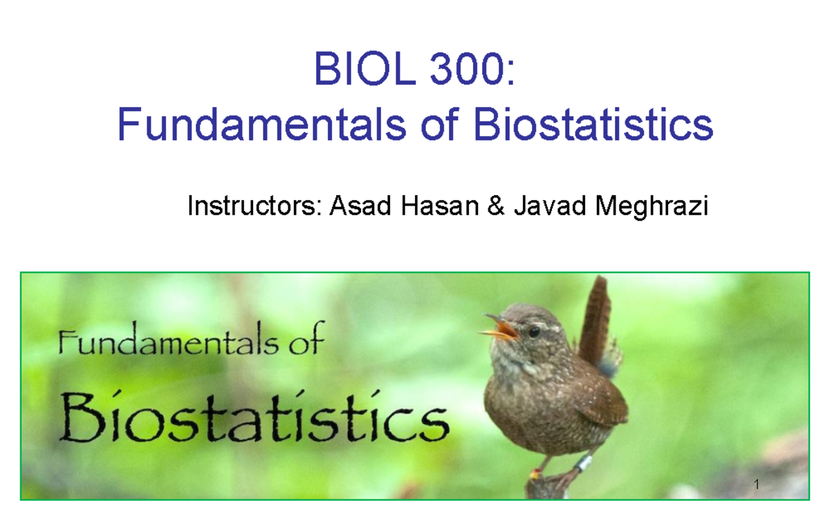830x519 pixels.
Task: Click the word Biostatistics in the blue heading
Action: point(593,126)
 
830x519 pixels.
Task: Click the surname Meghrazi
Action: point(647,206)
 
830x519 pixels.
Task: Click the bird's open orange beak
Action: point(501,328)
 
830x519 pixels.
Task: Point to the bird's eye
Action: point(534,331)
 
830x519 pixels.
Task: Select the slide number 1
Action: point(757,484)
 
